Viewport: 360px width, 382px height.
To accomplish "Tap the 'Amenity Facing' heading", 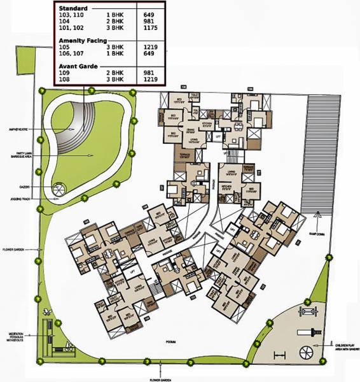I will click(x=83, y=40).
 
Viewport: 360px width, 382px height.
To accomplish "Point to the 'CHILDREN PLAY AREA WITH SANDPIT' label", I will click(x=343, y=346).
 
